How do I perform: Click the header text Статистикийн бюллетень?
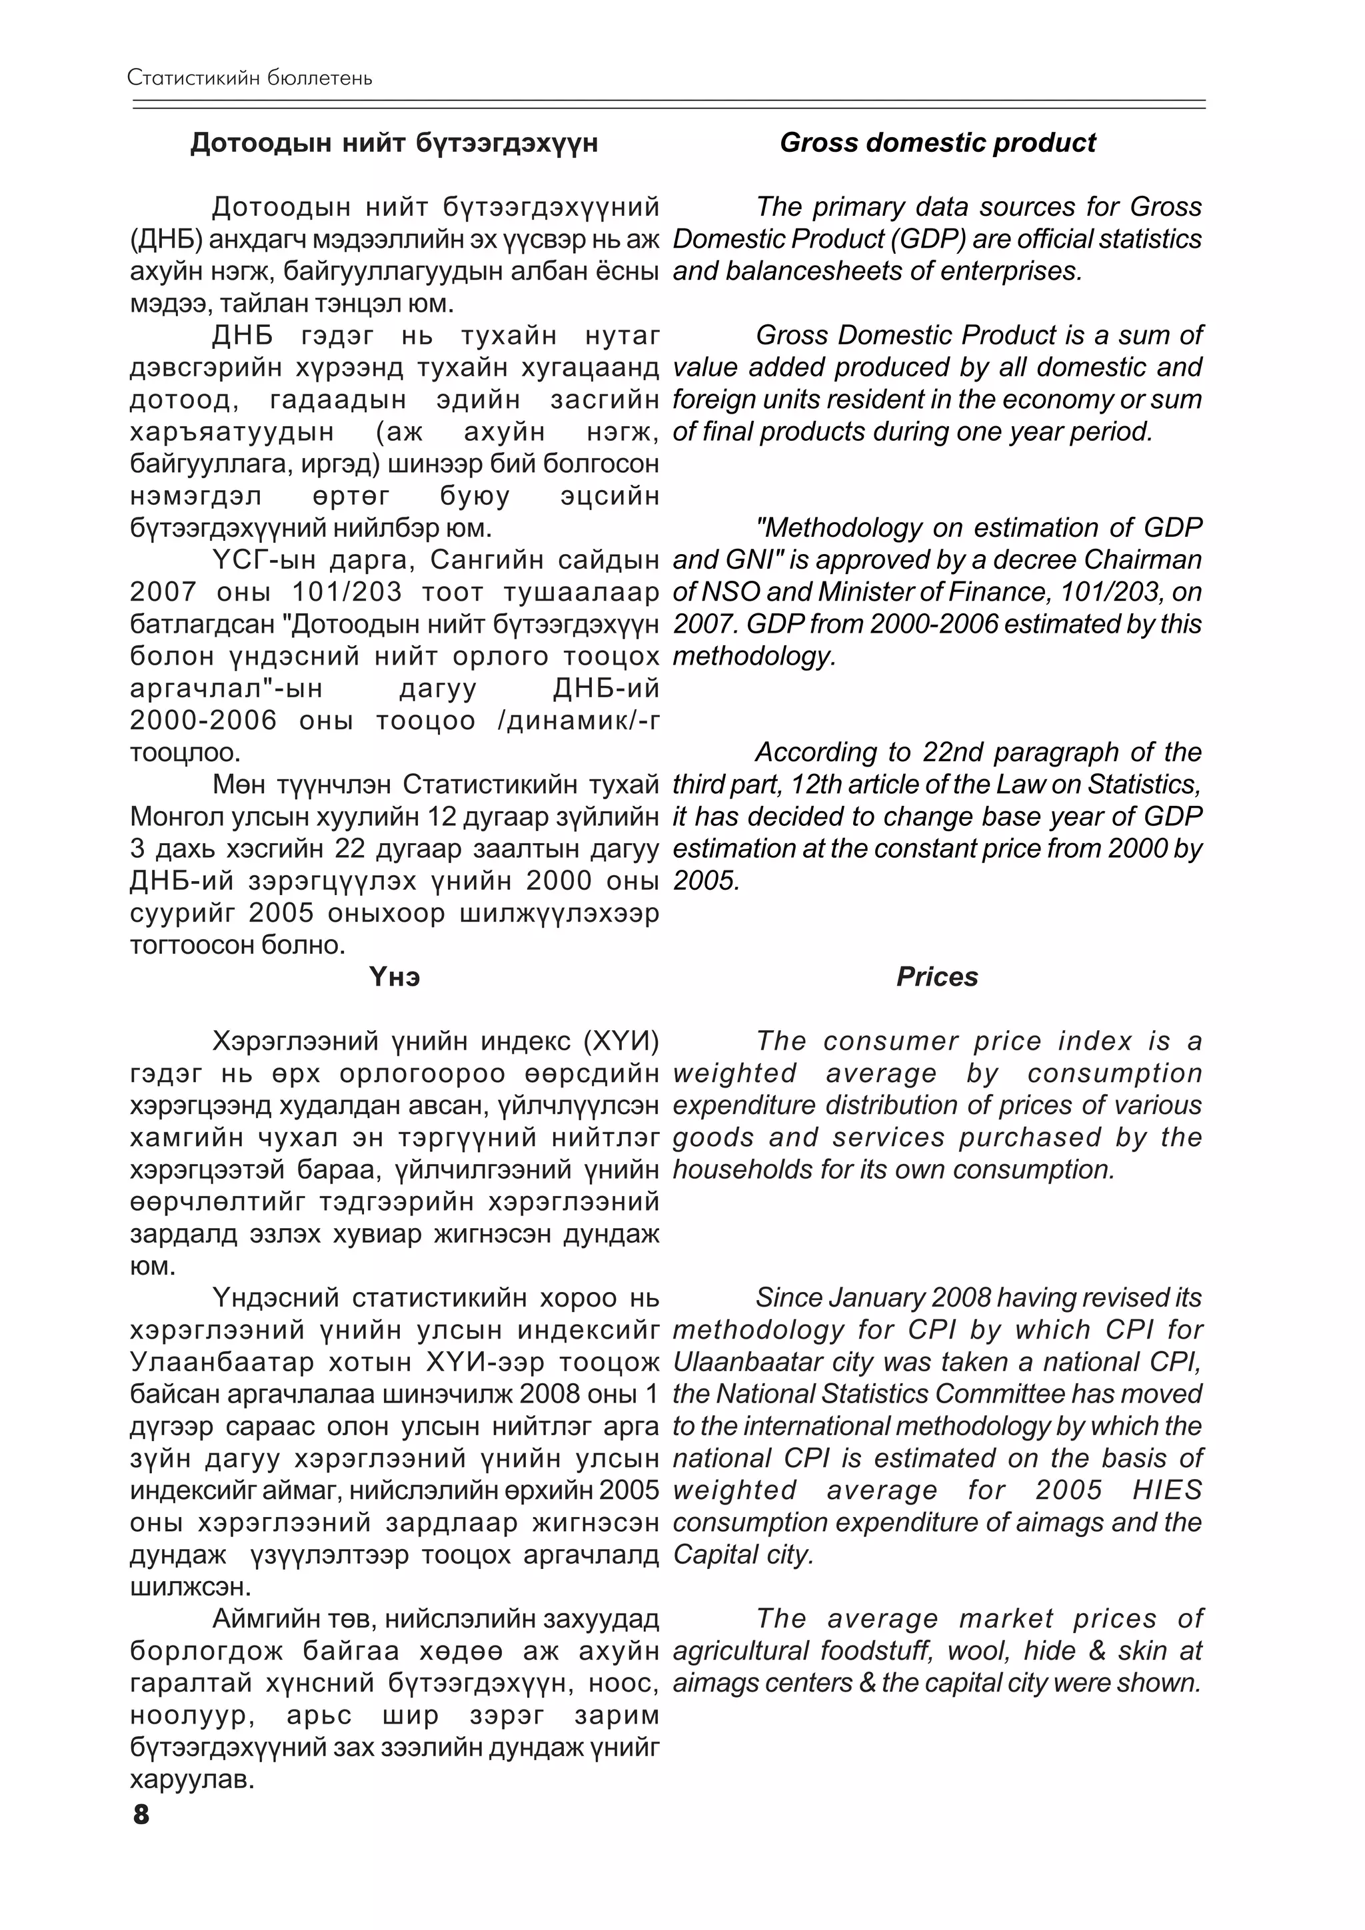(250, 78)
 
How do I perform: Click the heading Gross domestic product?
(937, 143)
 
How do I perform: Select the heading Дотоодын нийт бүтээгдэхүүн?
(394, 143)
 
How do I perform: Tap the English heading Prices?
(937, 977)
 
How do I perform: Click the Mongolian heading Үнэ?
(395, 977)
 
